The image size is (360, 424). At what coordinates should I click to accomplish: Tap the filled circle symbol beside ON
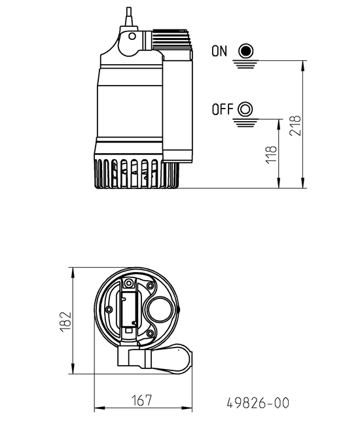point(245,51)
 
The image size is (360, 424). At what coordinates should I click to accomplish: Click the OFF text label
point(223,109)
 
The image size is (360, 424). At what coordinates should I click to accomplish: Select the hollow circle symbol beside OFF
point(246,109)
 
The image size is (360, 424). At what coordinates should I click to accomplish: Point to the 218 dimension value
point(295,124)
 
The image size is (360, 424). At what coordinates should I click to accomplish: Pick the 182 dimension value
point(64,321)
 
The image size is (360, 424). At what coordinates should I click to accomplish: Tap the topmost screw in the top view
point(129,283)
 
